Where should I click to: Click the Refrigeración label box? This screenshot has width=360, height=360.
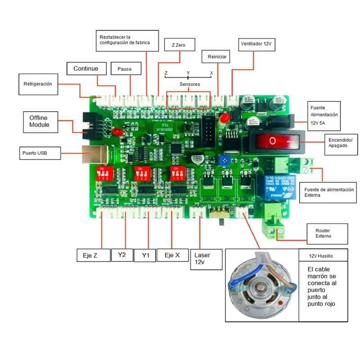[x=38, y=84]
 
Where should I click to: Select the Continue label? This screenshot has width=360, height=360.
[x=89, y=68]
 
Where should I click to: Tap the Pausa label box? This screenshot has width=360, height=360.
[x=126, y=69]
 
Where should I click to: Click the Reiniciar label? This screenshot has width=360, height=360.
[x=217, y=57]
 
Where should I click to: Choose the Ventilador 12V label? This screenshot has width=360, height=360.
[x=255, y=45]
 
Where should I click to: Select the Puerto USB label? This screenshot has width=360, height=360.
[x=40, y=153]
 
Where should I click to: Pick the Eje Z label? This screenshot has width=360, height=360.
[x=93, y=255]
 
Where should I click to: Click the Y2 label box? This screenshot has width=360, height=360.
[x=122, y=255]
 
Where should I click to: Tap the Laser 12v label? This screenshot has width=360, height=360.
[x=206, y=258]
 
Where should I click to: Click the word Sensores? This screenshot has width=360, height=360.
[x=189, y=84]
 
